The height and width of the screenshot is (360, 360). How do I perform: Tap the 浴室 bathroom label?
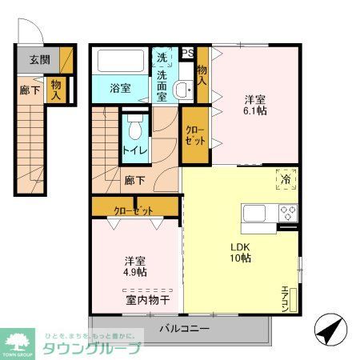(x=121, y=89)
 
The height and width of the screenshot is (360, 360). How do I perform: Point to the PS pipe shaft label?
(x=187, y=53)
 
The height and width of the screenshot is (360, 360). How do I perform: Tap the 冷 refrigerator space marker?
(x=286, y=179)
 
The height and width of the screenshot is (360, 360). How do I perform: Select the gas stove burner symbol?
(x=287, y=213)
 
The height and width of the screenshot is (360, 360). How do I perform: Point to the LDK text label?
(x=241, y=246)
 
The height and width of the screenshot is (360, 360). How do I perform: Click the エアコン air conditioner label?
(x=285, y=298)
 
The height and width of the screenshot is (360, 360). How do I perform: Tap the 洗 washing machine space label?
(x=162, y=58)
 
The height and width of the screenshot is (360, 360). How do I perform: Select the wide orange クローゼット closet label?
(x=134, y=210)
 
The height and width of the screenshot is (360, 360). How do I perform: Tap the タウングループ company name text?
(x=91, y=348)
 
